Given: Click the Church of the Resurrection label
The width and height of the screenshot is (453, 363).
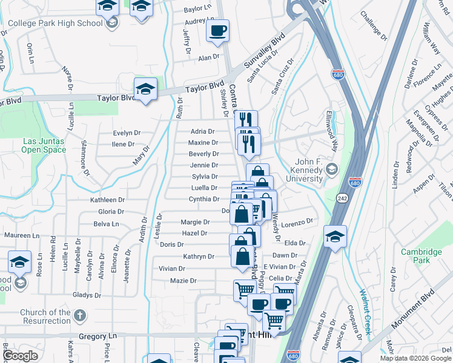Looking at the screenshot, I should pyautogui.click(x=45, y=316).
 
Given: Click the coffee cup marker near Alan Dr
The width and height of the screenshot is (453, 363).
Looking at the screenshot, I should pyautogui.click(x=217, y=30).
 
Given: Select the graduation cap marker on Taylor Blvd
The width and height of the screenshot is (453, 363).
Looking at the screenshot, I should pyautogui.click(x=145, y=90).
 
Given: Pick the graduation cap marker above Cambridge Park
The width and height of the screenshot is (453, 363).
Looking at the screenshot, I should pyautogui.click(x=335, y=237).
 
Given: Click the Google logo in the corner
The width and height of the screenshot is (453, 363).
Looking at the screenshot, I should pyautogui.click(x=20, y=356).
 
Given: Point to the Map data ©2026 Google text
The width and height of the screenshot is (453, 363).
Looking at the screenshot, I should pyautogui.click(x=415, y=358).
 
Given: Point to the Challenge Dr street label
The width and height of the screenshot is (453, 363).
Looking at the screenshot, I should pyautogui.click(x=373, y=25).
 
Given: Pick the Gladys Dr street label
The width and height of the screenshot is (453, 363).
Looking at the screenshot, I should pyautogui.click(x=87, y=295).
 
